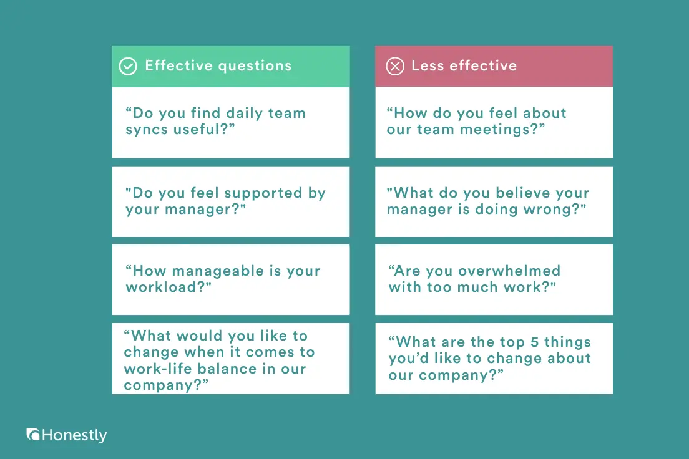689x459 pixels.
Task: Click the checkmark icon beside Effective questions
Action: point(128,66)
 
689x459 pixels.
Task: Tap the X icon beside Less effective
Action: point(395,66)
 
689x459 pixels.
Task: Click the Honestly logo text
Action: point(74,435)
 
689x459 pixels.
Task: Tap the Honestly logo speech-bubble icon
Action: point(33,435)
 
